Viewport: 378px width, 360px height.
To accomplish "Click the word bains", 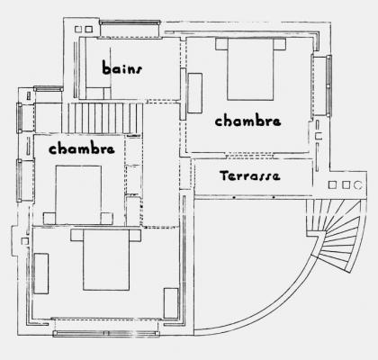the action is pos(121,67).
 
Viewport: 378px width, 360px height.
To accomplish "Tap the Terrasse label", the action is pos(250,175).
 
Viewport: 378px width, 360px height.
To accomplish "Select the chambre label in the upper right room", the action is pos(247,121).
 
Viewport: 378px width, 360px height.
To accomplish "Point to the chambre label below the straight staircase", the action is pos(82,148).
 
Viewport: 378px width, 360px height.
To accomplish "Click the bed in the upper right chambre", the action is pos(250,69).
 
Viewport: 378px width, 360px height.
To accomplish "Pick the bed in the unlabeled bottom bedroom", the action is pos(106,260).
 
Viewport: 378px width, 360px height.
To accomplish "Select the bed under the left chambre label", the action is pos(78,194).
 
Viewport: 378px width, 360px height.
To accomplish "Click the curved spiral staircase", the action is pos(336,234).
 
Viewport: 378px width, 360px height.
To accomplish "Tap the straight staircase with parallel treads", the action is pos(102,118).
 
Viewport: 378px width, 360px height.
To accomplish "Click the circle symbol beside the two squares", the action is pos(357,185).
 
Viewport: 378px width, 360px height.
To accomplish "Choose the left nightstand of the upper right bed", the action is pos(221,44).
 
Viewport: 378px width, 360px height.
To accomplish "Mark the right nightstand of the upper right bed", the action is pos(280,44).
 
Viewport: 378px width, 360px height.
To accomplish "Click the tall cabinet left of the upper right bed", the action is pos(194,93).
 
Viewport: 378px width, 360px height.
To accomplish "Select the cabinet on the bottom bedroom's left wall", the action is pos(41,274).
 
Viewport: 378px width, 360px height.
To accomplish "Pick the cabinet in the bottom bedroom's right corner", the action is pos(171,303).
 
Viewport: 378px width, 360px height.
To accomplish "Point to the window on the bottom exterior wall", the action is pos(106,333).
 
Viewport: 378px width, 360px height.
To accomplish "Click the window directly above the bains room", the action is pos(130,22).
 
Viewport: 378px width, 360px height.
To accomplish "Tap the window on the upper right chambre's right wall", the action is pos(329,85).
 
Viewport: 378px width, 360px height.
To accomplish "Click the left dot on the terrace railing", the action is pos(234,197).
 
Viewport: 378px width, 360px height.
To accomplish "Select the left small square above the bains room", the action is pos(78,29).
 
